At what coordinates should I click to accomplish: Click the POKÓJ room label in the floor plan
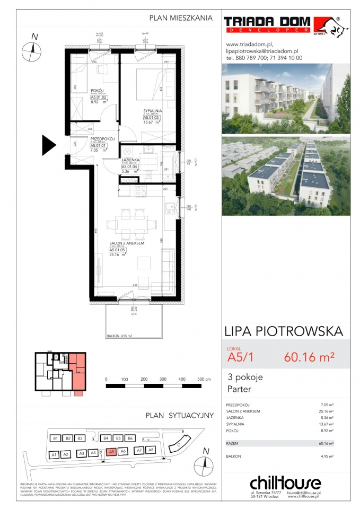96,90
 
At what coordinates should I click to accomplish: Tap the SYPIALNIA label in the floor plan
152,111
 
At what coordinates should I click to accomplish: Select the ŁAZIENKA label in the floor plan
129,160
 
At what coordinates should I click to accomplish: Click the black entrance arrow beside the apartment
49,144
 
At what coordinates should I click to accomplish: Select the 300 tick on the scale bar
163,379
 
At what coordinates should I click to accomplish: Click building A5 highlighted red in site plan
110,451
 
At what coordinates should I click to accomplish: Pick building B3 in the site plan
80,438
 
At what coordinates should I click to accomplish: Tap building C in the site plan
179,444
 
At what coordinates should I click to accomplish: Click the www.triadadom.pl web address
249,45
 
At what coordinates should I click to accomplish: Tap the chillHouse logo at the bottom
285,483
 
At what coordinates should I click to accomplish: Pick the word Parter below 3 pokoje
239,390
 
